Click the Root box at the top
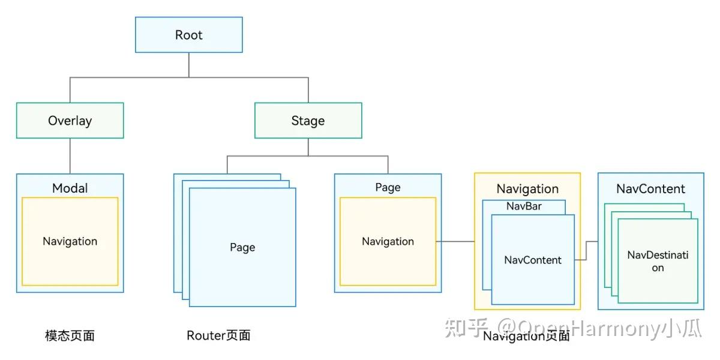(189, 35)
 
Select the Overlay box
(70, 121)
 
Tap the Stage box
(308, 121)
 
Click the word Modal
(70, 188)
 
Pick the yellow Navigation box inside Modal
(70, 241)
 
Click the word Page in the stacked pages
(242, 247)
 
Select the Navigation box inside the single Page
(388, 241)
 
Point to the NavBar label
(524, 206)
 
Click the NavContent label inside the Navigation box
(533, 260)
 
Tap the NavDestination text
(658, 261)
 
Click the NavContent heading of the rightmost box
(650, 188)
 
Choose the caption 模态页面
(70, 335)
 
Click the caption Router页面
(218, 335)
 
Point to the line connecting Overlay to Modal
(70, 156)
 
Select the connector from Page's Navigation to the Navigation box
(455, 241)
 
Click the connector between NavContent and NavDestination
(587, 250)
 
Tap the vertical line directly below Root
(189, 65)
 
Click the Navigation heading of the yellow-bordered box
(527, 189)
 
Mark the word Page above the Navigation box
(388, 187)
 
